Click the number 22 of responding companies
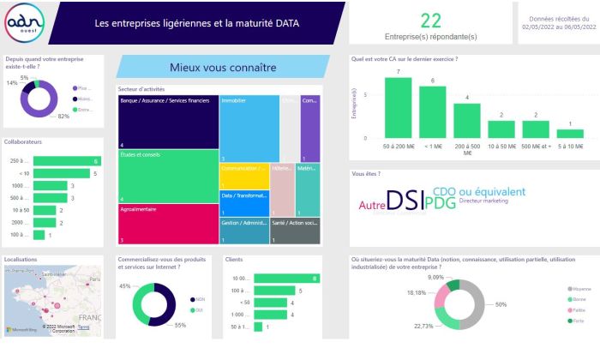431,20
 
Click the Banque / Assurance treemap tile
168,121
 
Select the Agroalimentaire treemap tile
168,224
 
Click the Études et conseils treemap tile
168,176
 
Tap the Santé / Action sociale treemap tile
295,230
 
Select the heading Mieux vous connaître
223,67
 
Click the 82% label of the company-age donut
63,116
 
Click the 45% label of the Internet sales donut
124,286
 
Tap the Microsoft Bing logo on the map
24,329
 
